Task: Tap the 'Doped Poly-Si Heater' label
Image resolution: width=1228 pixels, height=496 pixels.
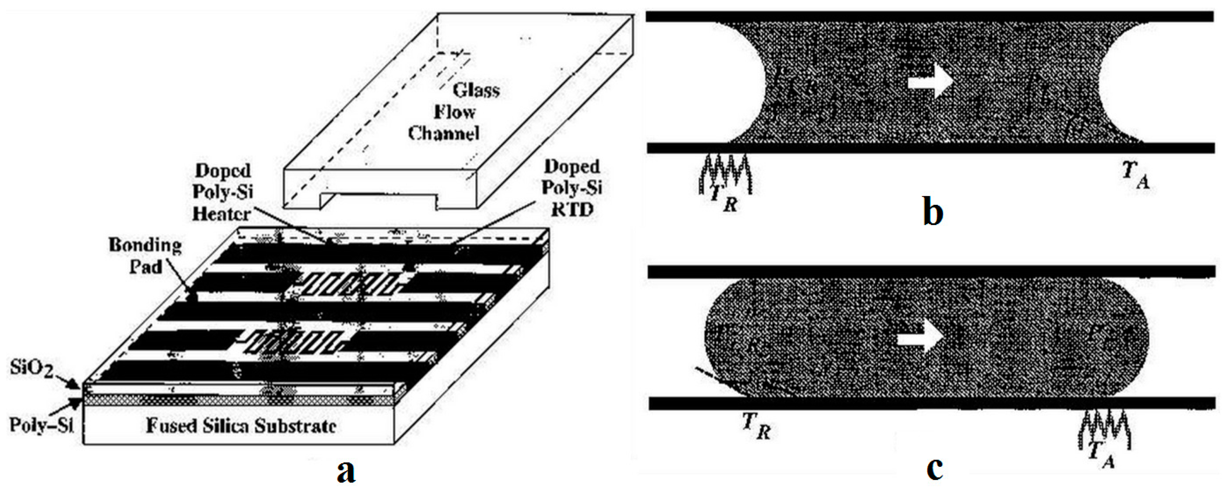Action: tap(222, 192)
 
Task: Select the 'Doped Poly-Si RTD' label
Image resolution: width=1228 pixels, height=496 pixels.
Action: tap(572, 188)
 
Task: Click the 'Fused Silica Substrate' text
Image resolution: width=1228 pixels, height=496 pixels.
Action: tap(241, 425)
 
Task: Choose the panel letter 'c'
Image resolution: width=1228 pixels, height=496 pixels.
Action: tap(935, 469)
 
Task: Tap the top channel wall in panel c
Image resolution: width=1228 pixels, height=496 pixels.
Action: tap(929, 272)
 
